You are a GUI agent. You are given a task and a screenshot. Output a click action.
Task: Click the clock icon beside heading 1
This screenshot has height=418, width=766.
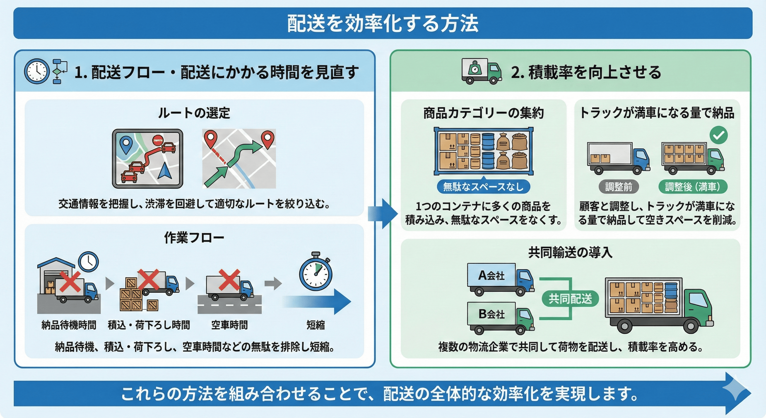tap(36, 71)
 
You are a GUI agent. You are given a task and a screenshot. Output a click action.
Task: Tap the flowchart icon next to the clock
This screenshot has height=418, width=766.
tap(59, 71)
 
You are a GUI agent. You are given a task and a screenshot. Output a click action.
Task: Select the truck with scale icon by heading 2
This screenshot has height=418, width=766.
tap(481, 71)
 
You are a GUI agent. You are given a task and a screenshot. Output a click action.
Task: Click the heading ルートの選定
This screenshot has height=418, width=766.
tap(194, 113)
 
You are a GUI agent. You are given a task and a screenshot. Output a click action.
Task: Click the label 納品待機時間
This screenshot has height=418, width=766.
tap(69, 325)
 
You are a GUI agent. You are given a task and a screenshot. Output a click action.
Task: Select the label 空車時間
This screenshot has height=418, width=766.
tap(229, 325)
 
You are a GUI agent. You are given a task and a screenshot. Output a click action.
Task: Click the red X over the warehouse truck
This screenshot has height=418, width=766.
tap(70, 281)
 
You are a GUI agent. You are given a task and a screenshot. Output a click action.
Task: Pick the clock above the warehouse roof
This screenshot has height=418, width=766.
tap(88, 262)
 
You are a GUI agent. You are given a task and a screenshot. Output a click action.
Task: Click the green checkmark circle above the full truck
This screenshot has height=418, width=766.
tap(718, 135)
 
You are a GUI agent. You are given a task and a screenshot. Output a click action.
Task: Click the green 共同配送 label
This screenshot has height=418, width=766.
tap(570, 299)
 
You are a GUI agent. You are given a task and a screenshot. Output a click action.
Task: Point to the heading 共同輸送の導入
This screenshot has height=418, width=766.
tap(570, 253)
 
